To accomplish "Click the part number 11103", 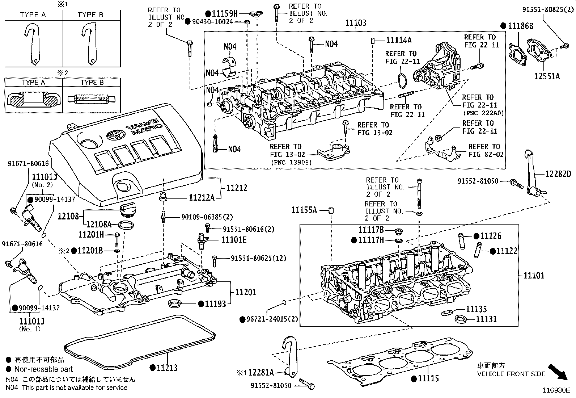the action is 356,23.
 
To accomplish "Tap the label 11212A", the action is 202,198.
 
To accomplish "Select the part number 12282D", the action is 558,174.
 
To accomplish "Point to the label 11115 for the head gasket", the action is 428,378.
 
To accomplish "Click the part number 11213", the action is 167,368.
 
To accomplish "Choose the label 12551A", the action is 547,76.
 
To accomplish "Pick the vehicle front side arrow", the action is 558,372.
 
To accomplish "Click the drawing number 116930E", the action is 556,390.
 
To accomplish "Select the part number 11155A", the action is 304,210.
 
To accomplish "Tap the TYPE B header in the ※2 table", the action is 92,82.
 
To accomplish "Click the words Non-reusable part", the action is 44,369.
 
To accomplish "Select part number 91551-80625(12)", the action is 258,258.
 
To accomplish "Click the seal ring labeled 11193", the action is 174,303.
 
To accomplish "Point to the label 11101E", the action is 234,240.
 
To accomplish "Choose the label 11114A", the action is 399,40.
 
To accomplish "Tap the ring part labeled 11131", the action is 461,319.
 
